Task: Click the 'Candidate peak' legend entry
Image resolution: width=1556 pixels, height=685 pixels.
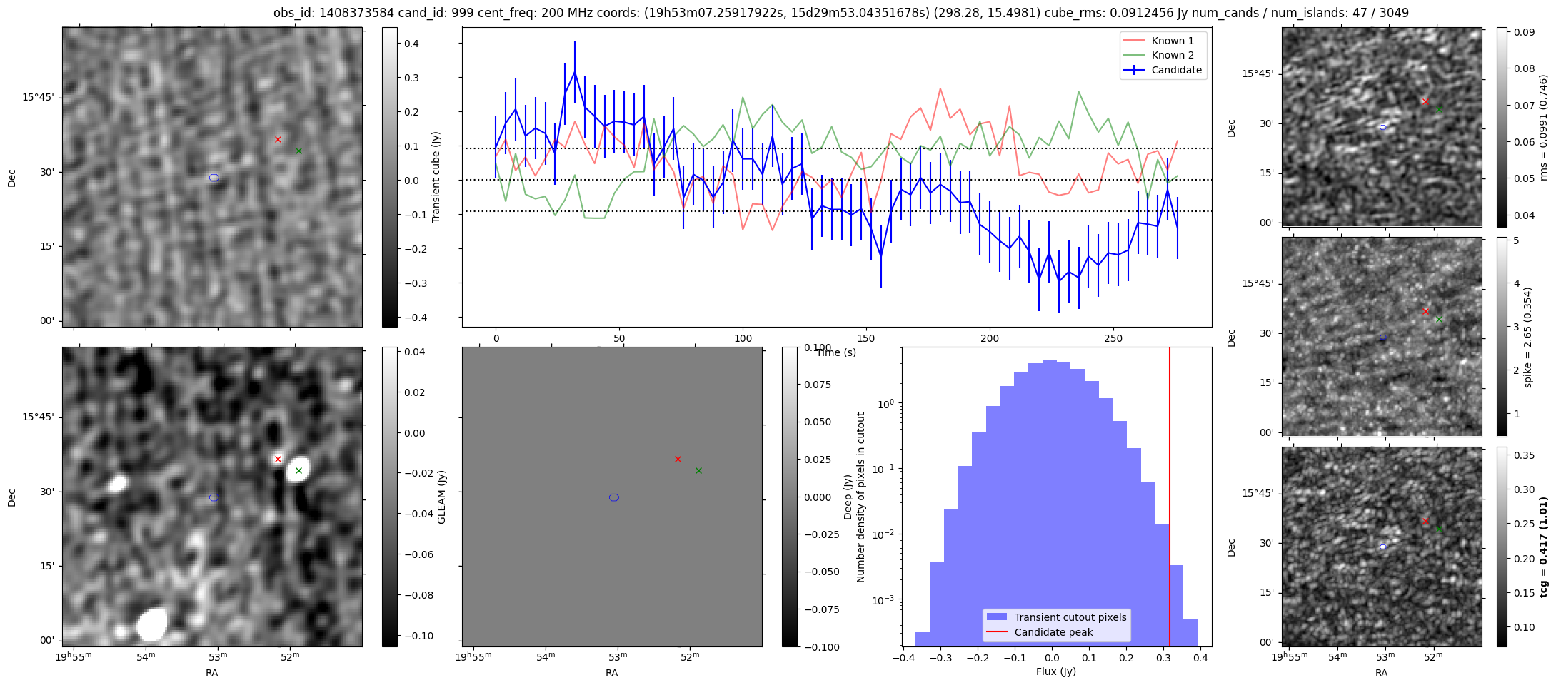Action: pos(1053,632)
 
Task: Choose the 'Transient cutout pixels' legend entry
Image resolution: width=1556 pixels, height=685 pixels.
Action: pos(1070,617)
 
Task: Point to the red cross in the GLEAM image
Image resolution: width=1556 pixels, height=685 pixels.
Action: pos(278,459)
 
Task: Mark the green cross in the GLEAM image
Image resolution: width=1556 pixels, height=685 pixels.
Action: pos(298,470)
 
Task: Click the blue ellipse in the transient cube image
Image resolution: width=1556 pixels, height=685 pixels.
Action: pos(214,178)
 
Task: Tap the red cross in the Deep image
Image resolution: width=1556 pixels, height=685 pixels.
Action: pos(678,459)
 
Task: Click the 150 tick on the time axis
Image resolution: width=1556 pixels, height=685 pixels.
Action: pos(866,338)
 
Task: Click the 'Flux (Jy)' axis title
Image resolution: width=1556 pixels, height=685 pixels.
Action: pos(1055,671)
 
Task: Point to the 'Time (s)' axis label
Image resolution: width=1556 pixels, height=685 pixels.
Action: pos(835,352)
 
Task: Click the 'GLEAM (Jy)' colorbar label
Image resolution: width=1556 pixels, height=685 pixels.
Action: pos(441,497)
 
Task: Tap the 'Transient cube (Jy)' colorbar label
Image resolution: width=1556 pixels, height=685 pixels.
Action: pos(436,177)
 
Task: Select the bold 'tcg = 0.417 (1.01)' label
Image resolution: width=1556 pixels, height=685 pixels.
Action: pos(1544,547)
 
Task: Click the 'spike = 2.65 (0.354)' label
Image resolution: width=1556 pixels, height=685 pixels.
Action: pos(1528,337)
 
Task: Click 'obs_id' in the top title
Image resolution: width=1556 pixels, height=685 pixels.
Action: pos(291,13)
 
